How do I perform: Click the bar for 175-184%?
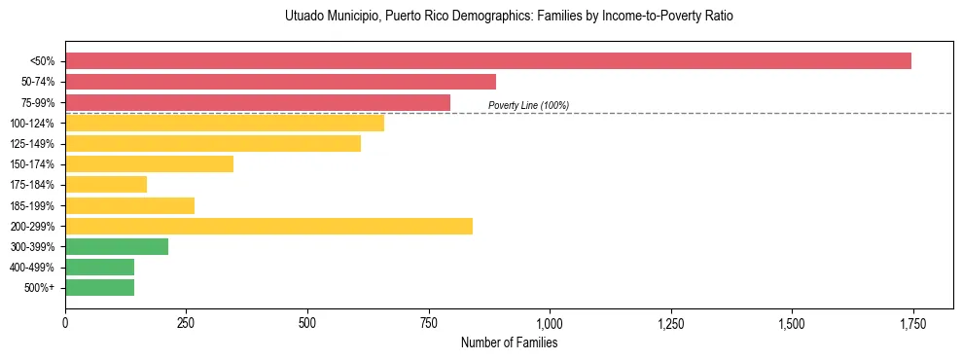point(106,185)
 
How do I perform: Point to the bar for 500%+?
point(99,287)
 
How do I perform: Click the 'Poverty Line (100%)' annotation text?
point(528,105)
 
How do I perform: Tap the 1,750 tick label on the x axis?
point(912,323)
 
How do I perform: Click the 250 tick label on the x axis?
point(186,323)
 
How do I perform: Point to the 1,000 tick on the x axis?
point(550,323)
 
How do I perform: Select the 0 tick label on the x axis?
point(65,323)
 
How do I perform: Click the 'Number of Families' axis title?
point(509,342)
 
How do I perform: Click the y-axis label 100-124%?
point(32,124)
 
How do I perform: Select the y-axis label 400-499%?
point(32,268)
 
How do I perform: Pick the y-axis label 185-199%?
point(32,206)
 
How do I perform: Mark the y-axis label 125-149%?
point(32,144)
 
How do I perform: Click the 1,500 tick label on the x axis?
point(792,323)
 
